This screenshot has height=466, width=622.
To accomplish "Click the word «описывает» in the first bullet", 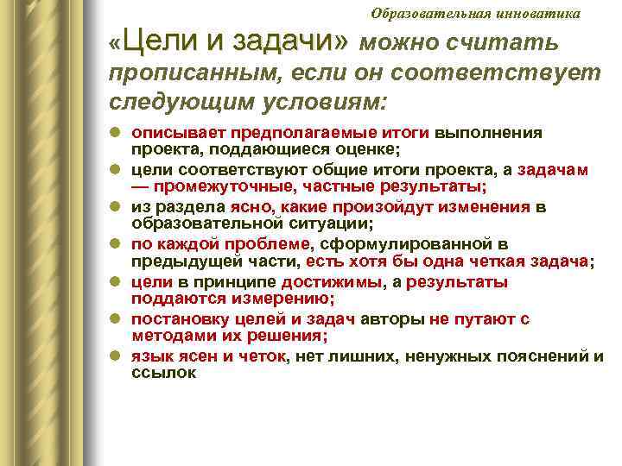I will tap(169, 133).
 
